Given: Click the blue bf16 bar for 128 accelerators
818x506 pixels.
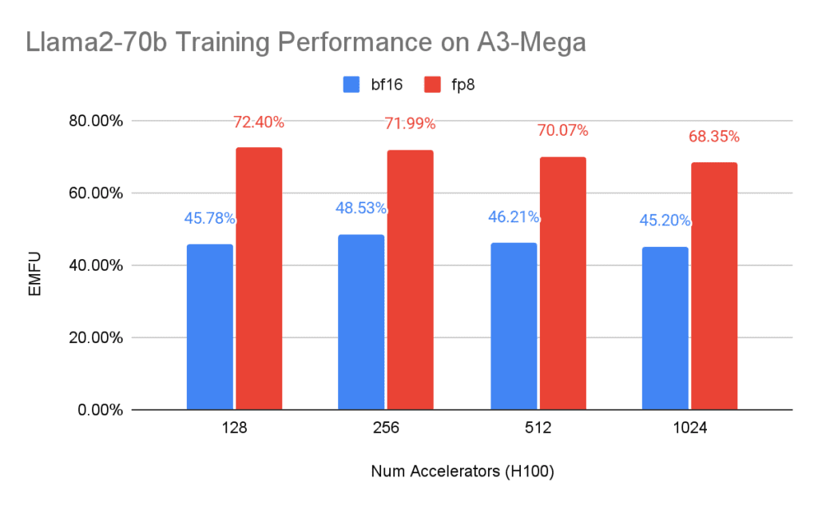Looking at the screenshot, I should [x=209, y=327].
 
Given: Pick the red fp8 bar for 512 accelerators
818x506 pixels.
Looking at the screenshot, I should [x=562, y=283].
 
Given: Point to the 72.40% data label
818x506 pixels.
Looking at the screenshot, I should [x=259, y=122].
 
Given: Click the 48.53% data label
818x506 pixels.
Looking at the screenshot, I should [x=361, y=209].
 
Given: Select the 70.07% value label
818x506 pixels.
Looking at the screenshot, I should [x=562, y=130].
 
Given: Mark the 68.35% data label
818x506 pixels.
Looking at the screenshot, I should [x=714, y=137].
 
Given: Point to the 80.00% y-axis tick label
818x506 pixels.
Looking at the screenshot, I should [x=93, y=122].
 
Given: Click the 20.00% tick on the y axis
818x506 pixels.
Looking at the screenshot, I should [x=93, y=337].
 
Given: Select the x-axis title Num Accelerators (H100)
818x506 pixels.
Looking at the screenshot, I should [x=463, y=472].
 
